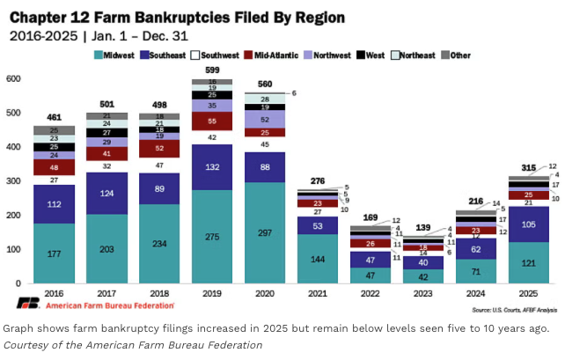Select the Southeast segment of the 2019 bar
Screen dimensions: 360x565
coord(213,167)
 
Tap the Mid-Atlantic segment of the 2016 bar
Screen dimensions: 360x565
coord(54,167)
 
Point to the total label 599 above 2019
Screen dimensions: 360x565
coord(213,70)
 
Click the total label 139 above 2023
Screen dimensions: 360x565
coord(422,228)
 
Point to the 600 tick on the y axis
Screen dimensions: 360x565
coord(13,79)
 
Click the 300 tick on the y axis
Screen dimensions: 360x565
coord(13,181)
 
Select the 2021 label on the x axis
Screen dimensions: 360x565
coord(317,293)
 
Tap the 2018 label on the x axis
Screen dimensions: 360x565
coord(160,293)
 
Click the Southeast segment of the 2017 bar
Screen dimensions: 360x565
coord(107,193)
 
